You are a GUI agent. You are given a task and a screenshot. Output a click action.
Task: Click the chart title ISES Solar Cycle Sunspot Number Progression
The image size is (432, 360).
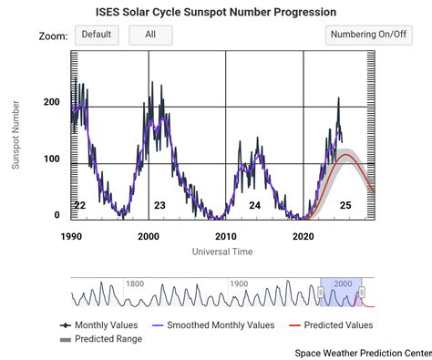(x=216, y=12)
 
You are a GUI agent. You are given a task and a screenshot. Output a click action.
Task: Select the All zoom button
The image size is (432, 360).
(x=150, y=35)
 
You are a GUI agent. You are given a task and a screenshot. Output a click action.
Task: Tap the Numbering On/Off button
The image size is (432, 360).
(x=366, y=35)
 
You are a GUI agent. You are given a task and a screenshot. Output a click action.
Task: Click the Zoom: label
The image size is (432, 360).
(x=54, y=36)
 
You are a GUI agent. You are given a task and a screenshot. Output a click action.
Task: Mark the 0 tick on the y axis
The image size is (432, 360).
(x=57, y=215)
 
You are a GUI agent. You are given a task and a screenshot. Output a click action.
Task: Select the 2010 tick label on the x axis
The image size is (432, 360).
(x=225, y=236)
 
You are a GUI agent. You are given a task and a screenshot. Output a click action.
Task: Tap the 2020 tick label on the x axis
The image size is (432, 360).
(x=303, y=236)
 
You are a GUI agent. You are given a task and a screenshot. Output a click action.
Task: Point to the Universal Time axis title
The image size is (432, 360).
(x=223, y=250)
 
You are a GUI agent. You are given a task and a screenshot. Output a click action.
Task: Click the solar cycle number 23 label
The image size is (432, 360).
(x=159, y=206)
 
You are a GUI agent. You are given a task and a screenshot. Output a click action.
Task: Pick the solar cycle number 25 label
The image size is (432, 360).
(x=345, y=206)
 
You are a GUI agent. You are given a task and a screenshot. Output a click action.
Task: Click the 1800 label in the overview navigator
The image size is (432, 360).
(x=135, y=283)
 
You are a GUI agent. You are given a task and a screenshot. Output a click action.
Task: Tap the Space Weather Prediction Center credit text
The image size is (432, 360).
(x=362, y=352)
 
